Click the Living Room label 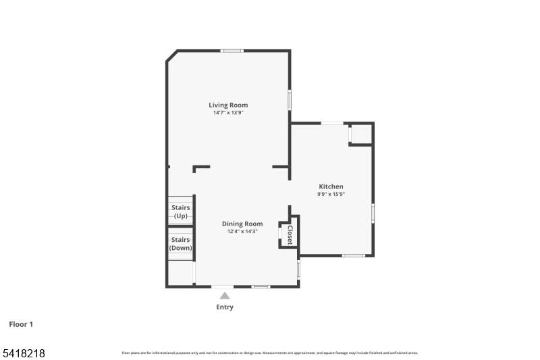tap(228, 105)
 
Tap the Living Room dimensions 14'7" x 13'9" tap(228, 113)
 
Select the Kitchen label tap(331, 186)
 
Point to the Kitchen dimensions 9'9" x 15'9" tap(331, 195)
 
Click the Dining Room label tap(242, 224)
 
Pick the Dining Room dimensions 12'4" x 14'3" tap(242, 232)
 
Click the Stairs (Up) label tap(181, 211)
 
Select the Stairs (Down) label tap(180, 244)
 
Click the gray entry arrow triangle tap(225, 294)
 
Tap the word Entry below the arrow tap(225, 307)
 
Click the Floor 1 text tap(21, 324)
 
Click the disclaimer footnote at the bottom tap(269, 353)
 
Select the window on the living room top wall tap(232, 51)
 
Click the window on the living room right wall tap(290, 99)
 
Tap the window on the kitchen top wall tap(331, 123)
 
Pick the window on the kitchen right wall tap(373, 213)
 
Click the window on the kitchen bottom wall tap(353, 255)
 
